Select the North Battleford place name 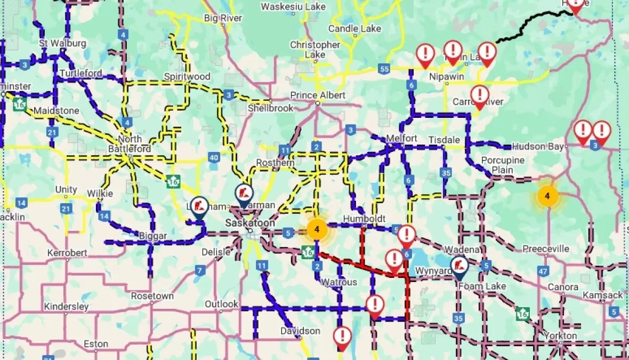[129, 144]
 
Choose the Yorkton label [560, 335]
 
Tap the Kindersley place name [66, 307]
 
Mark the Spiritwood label [187, 76]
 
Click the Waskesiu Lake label [293, 6]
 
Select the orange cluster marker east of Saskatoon [317, 230]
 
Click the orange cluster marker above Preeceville [547, 196]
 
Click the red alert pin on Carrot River [480, 95]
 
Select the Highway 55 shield [383, 68]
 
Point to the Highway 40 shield [214, 157]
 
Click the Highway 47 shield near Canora [543, 271]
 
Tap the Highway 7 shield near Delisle [199, 270]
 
